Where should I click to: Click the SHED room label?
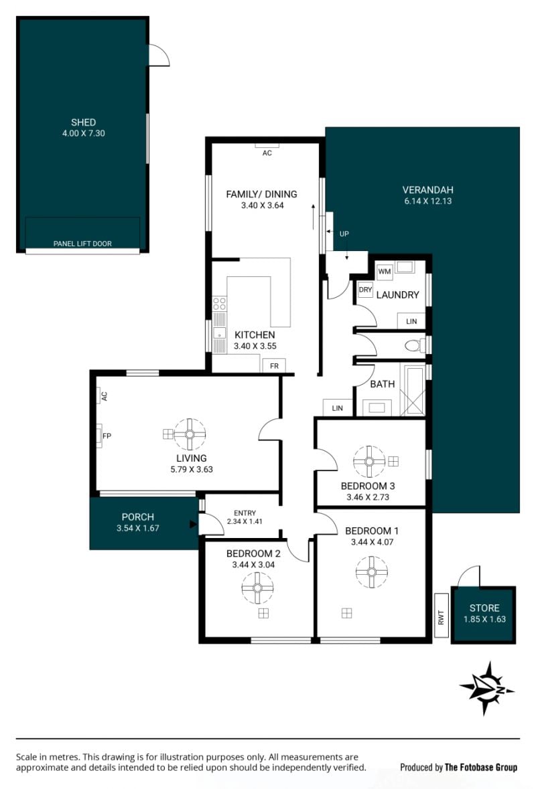[83, 122]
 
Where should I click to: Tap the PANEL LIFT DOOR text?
[82, 244]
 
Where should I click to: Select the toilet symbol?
[413, 345]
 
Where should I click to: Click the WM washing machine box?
[385, 271]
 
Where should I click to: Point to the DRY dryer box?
[365, 290]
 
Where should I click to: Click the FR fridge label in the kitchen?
[274, 366]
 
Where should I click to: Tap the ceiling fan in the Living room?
[190, 434]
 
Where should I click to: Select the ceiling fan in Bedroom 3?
[369, 462]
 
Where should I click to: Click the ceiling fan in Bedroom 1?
[371, 572]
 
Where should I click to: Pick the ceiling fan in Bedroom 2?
[257, 588]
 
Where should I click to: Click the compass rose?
[486, 688]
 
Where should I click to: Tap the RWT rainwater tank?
[442, 616]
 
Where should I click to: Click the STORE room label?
[484, 608]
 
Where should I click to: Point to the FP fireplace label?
[107, 436]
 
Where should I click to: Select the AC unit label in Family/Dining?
[267, 153]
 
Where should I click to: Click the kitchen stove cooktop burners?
[219, 303]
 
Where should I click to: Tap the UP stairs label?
[344, 234]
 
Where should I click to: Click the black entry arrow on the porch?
[193, 524]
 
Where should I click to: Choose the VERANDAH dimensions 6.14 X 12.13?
[427, 201]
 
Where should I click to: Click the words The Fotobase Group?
[481, 768]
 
